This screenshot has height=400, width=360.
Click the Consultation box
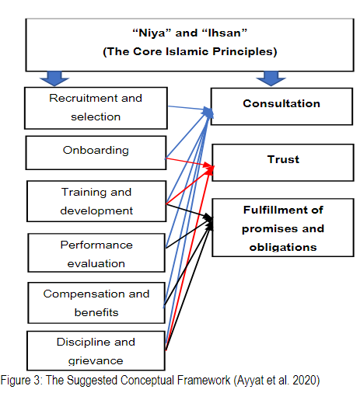[x=281, y=106]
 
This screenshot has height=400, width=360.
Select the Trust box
[x=283, y=162]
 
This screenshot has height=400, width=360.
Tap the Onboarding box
[x=96, y=153]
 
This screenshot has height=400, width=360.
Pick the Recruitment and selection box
[x=96, y=108]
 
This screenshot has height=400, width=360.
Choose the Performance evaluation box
[x=96, y=252]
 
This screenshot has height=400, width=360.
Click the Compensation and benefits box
[x=96, y=303]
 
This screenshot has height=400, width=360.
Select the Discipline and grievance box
[x=96, y=350]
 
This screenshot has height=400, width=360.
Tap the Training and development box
[x=96, y=201]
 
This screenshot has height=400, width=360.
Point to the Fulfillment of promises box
[x=283, y=228]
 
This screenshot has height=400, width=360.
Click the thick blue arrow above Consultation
[x=271, y=78]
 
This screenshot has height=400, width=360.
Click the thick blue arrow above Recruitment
[x=54, y=78]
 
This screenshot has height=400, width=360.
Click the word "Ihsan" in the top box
[x=225, y=33]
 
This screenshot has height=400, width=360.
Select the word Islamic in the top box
[x=187, y=51]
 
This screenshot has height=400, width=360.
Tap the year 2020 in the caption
[x=306, y=381]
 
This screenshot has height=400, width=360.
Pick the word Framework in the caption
[x=204, y=381]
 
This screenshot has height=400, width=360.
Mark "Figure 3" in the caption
[x=21, y=381]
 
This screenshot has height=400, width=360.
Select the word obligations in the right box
[x=283, y=247]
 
